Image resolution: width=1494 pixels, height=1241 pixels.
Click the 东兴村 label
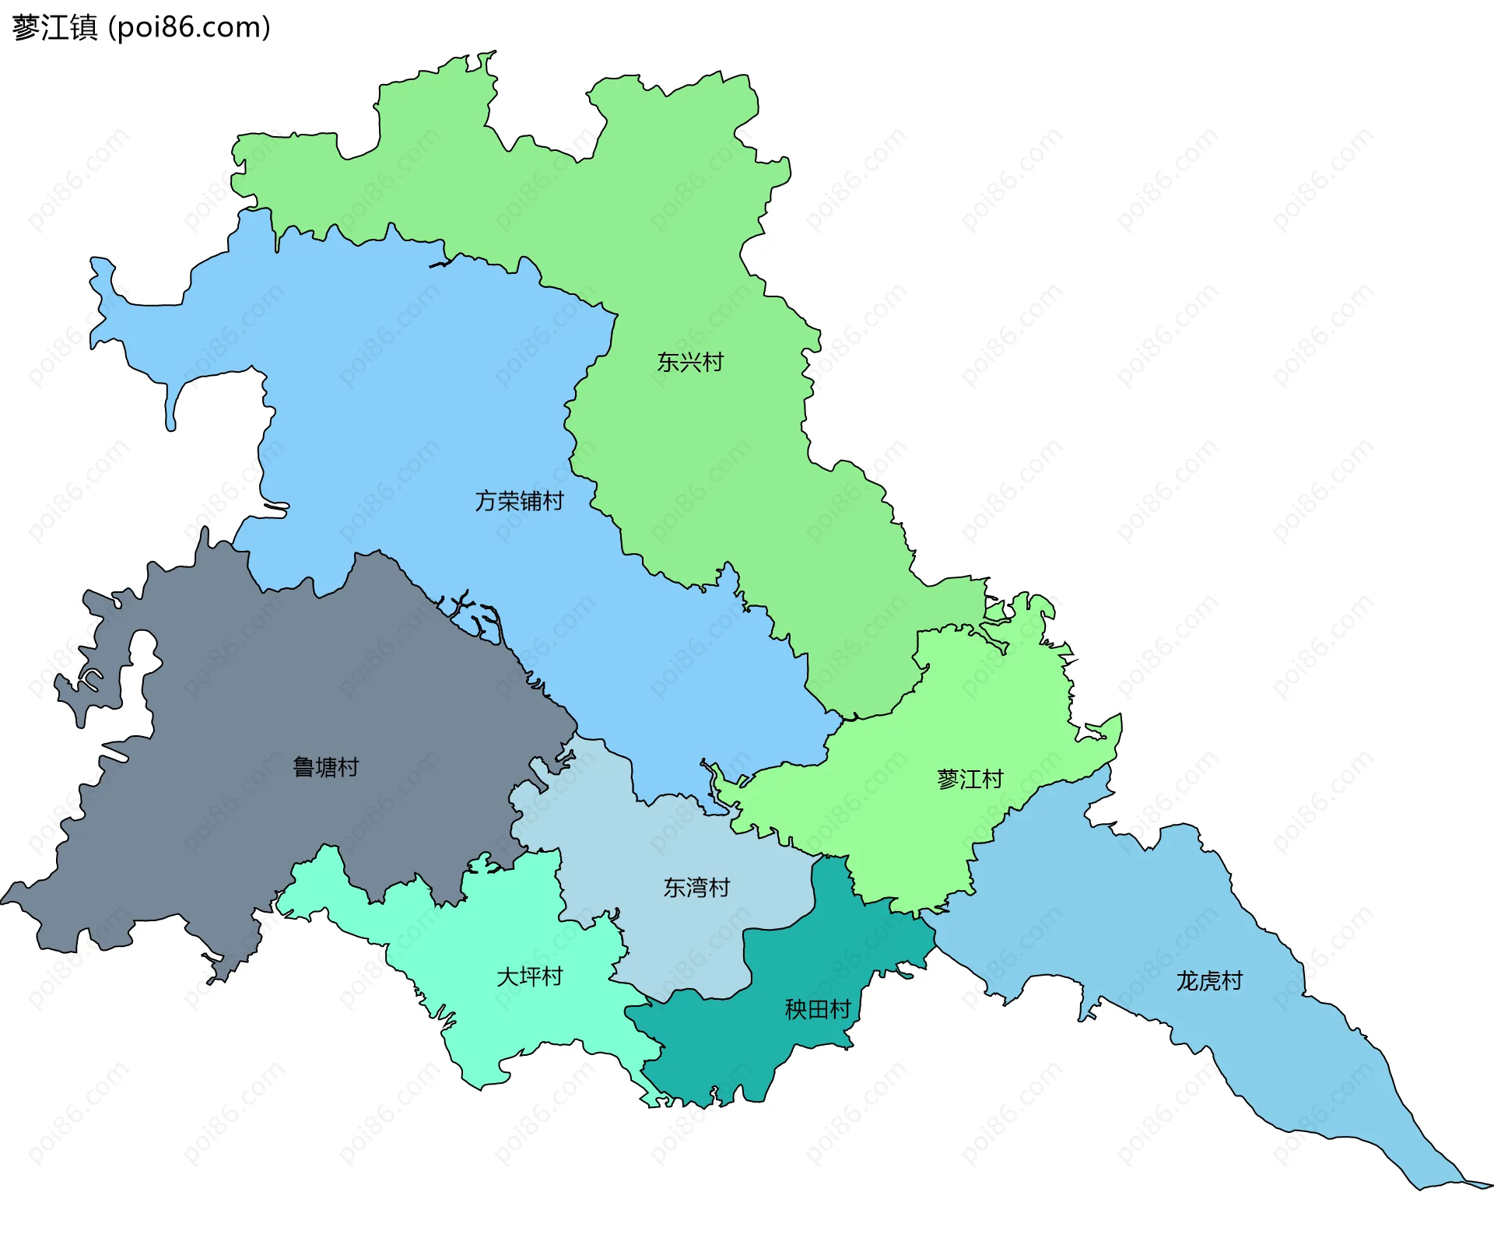pyautogui.click(x=690, y=363)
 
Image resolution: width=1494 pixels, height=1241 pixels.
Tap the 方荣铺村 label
pyautogui.click(x=519, y=501)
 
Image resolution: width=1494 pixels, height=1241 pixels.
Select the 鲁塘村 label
pyautogui.click(x=325, y=768)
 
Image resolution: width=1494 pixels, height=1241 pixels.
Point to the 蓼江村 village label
pyautogui.click(x=970, y=780)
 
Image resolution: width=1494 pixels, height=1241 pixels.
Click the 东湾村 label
pyautogui.click(x=696, y=888)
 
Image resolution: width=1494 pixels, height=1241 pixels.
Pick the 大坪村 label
pyautogui.click(x=529, y=977)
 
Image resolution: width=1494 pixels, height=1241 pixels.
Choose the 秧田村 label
pyautogui.click(x=817, y=1010)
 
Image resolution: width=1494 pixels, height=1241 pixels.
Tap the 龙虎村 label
pyautogui.click(x=1209, y=982)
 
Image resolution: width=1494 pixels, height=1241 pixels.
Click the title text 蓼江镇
pyautogui.click(x=54, y=28)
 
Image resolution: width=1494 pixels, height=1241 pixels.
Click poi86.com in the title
pyautogui.click(x=189, y=28)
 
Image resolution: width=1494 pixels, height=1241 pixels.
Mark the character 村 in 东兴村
pyautogui.click(x=713, y=363)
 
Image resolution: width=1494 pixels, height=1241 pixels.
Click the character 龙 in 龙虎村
pyautogui.click(x=1187, y=982)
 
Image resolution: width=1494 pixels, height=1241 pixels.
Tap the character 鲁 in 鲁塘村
pyautogui.click(x=303, y=768)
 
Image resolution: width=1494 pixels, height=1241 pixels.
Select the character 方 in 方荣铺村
pyautogui.click(x=486, y=501)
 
